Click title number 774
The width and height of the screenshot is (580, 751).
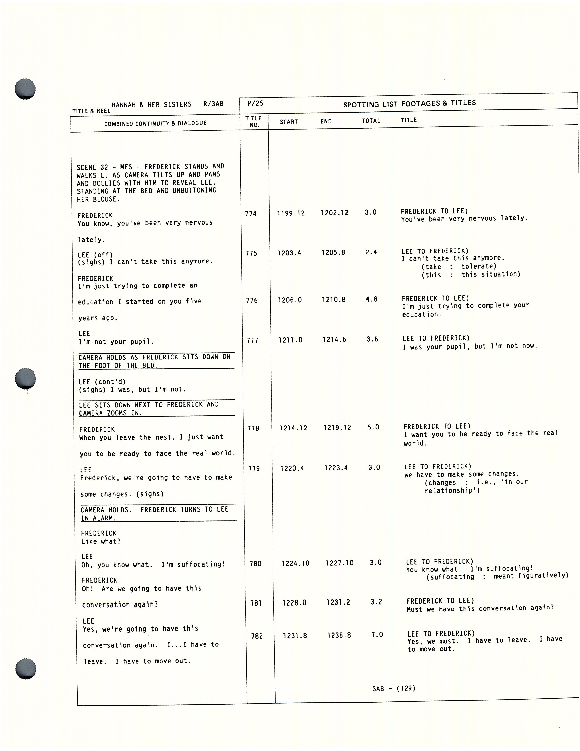click(251, 214)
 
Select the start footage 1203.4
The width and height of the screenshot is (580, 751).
click(289, 253)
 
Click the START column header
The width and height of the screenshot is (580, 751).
click(289, 122)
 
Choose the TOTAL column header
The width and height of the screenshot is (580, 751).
click(371, 121)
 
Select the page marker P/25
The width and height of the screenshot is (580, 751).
click(255, 103)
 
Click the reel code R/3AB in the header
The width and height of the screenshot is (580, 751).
click(213, 104)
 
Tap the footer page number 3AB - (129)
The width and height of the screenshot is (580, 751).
click(394, 688)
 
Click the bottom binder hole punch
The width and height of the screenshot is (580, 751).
click(26, 669)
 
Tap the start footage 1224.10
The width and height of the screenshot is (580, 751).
click(295, 563)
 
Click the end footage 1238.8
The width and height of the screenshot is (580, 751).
click(339, 635)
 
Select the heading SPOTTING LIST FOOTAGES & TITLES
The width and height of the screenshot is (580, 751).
click(409, 104)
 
